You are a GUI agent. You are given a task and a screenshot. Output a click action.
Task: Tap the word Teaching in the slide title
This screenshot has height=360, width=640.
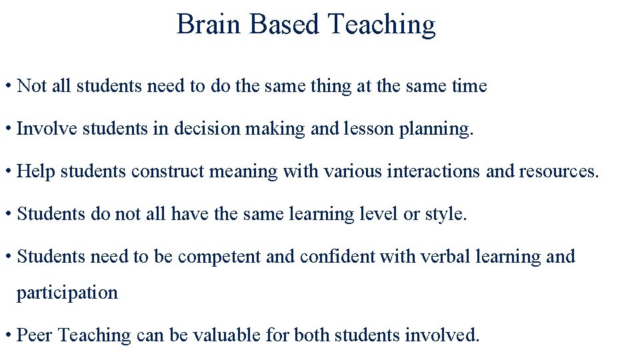point(382,25)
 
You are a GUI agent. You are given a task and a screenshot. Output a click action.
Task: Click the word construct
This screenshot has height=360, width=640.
point(168,171)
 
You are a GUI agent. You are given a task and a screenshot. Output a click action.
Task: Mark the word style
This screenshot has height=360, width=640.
point(446,214)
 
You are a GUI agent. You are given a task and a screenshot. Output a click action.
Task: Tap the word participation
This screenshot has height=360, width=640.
point(67,293)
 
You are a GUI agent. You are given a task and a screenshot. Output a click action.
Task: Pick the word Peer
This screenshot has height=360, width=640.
point(35,335)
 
